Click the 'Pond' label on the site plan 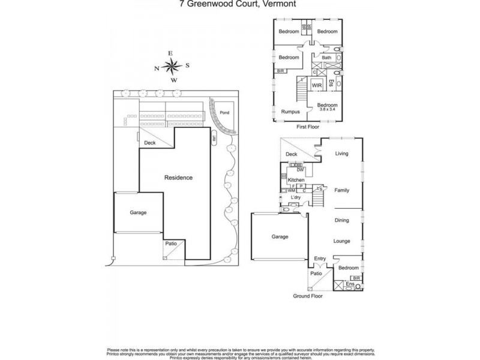[224, 112]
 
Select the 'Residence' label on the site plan [179, 178]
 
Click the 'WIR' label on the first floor [317, 86]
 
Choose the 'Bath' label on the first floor [326, 58]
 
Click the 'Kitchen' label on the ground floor [296, 180]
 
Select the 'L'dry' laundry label [295, 197]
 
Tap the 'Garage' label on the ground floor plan [280, 236]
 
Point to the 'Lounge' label [342, 241]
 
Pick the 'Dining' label [341, 220]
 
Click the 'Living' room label [341, 154]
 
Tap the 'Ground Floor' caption [308, 296]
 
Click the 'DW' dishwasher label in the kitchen [300, 170]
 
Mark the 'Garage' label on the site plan [138, 212]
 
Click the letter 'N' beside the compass [157, 68]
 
